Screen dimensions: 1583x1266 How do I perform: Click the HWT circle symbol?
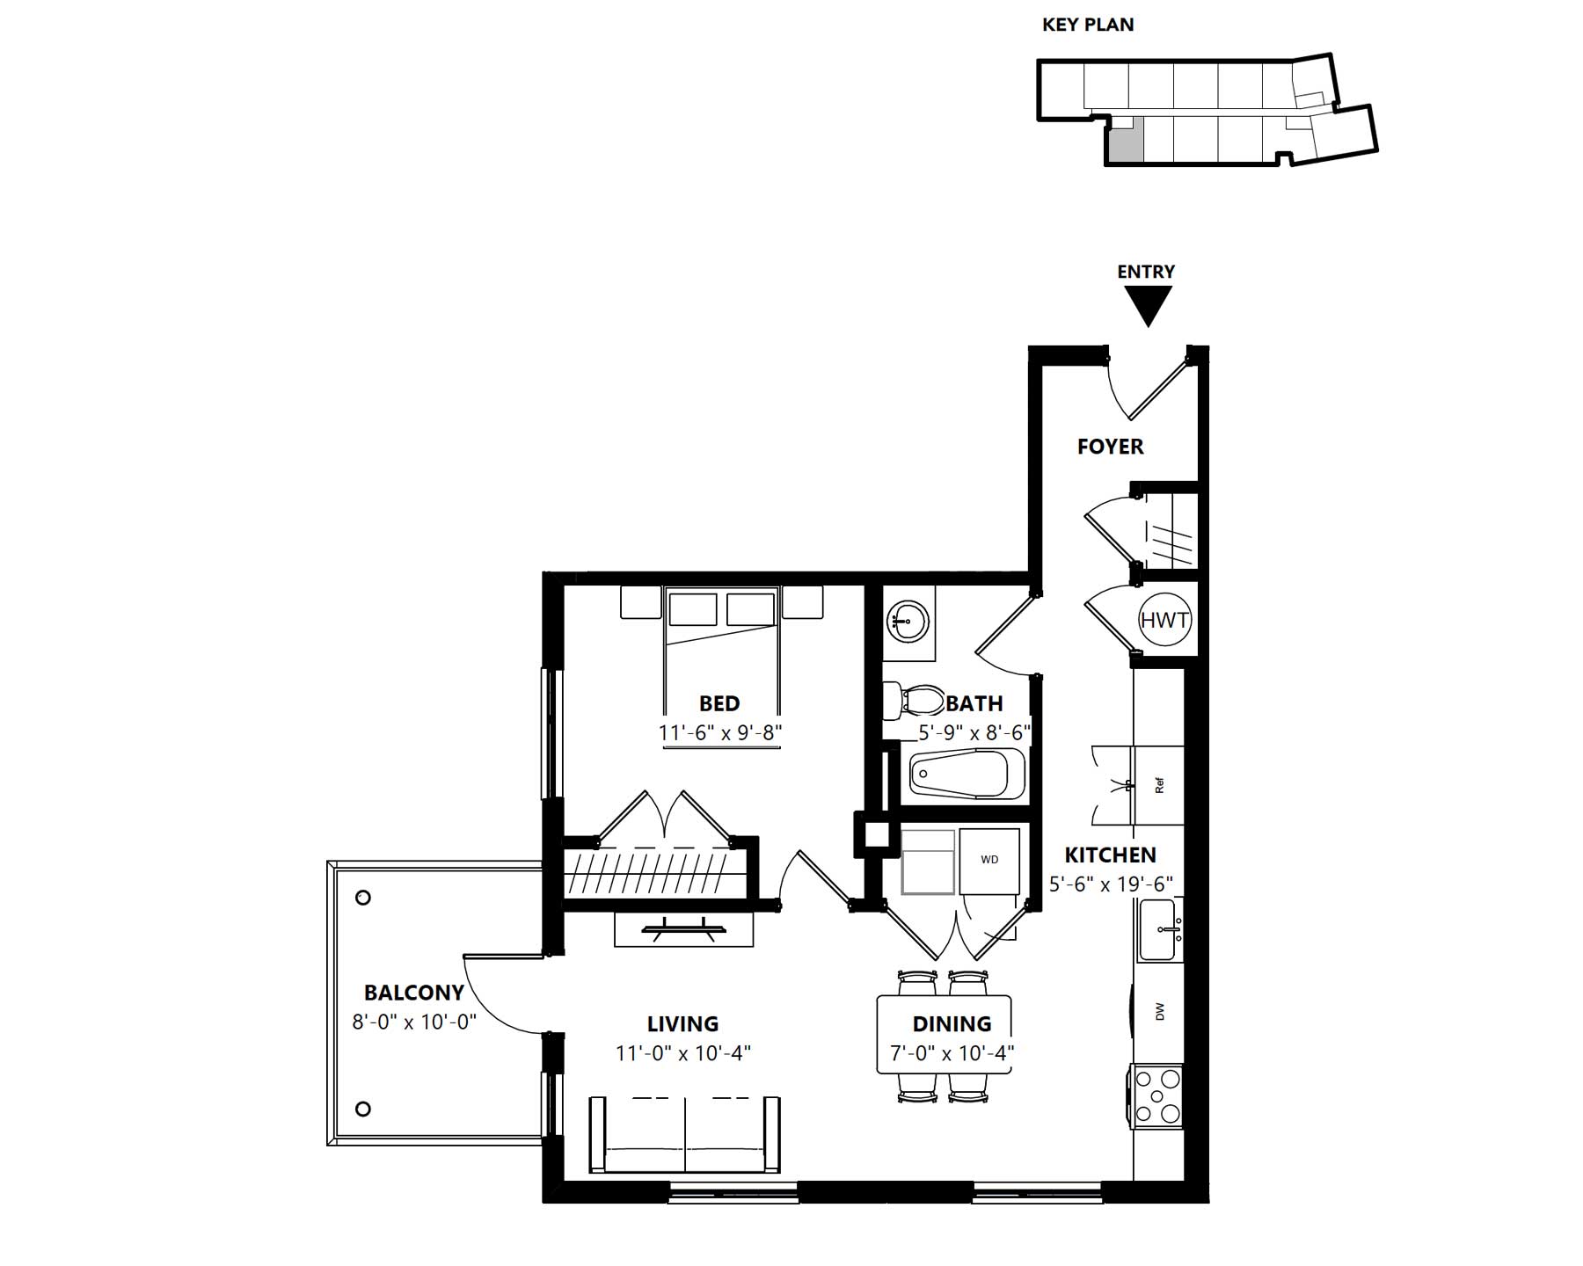point(1164,620)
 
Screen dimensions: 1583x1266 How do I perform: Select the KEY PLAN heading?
point(1088,25)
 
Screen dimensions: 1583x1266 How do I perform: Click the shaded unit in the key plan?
point(1125,141)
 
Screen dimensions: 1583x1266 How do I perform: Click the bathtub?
point(968,774)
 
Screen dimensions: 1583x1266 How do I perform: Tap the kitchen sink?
point(1160,930)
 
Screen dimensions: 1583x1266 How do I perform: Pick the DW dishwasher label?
point(1160,1012)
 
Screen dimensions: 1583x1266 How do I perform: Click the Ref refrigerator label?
point(1159,786)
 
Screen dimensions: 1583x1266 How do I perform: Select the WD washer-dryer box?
point(989,860)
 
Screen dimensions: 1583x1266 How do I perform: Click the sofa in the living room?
point(684,1134)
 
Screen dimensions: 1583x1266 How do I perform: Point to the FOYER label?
point(1111,447)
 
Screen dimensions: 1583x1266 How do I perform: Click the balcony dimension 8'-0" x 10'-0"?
point(414,1022)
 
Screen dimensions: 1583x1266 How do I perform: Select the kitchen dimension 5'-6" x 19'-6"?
point(1111,884)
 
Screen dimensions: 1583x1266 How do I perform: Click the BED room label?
point(719,703)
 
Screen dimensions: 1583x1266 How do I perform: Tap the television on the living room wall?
point(684,928)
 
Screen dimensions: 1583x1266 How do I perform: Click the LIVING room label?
point(683,1023)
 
